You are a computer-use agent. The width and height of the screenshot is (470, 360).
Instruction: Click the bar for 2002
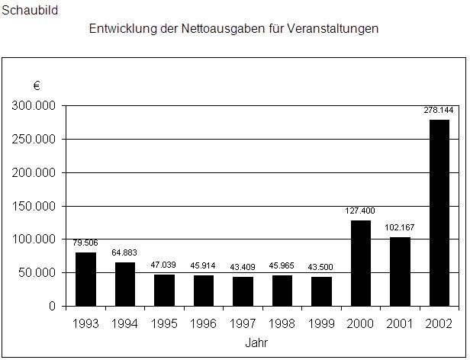pos(439,213)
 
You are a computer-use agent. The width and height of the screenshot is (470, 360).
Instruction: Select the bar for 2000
pos(360,263)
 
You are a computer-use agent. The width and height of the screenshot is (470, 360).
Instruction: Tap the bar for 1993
pos(86,279)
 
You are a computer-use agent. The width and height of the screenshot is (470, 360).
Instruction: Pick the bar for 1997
pos(243,291)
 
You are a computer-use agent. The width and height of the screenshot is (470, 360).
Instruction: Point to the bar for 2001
pos(399,272)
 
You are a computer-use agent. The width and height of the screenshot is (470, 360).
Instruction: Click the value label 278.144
pos(439,111)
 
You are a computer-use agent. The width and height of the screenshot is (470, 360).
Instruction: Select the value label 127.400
pos(360,211)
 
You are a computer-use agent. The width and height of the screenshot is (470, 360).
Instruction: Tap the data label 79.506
pos(86,243)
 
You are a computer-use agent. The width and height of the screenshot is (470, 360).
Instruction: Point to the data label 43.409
pos(243,268)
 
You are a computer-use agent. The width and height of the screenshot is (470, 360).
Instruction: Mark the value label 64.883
pos(126,253)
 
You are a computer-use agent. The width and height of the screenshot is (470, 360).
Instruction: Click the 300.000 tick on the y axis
pos(34,105)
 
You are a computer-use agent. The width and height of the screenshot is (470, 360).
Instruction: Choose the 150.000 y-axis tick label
pos(34,206)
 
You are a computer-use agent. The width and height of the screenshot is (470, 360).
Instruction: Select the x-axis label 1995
pos(165,324)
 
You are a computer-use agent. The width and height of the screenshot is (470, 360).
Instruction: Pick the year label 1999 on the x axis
pos(321,324)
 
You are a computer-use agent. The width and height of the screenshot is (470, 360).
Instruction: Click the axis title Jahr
pos(256,343)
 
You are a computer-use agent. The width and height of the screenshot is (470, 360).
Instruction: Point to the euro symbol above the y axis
pos(36,85)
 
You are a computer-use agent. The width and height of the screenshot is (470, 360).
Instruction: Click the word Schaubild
pos(30,11)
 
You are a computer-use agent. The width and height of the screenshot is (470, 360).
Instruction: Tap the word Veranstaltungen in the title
pos(333,29)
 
